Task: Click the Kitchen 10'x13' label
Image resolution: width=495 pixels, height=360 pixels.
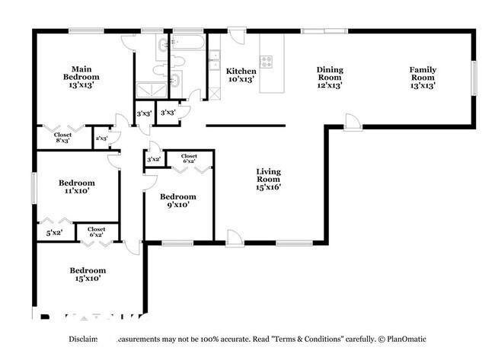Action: (x=241, y=75)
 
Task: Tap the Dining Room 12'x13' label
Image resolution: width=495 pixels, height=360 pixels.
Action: (x=330, y=78)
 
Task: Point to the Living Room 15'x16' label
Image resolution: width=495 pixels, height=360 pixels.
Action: (x=268, y=179)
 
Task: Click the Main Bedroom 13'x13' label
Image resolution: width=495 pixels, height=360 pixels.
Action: (x=81, y=72)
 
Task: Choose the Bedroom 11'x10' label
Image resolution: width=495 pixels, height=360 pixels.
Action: (x=77, y=186)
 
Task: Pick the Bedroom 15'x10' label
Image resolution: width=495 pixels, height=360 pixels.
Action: (x=88, y=274)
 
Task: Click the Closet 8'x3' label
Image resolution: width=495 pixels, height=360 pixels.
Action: (x=62, y=138)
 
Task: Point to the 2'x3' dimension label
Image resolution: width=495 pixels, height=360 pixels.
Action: (x=101, y=139)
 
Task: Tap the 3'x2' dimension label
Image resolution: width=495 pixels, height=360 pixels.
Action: (x=153, y=159)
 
